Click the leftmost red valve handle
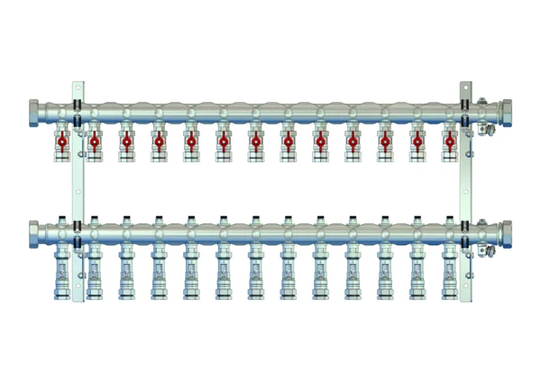pyautogui.click(x=61, y=141)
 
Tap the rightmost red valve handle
pyautogui.click(x=448, y=141)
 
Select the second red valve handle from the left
pyautogui.click(x=94, y=141)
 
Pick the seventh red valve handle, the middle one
pyautogui.click(x=255, y=141)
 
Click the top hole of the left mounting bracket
pyautogui.click(x=78, y=87)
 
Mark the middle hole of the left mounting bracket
pyautogui.click(x=78, y=191)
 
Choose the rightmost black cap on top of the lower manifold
pyautogui.click(x=448, y=216)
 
